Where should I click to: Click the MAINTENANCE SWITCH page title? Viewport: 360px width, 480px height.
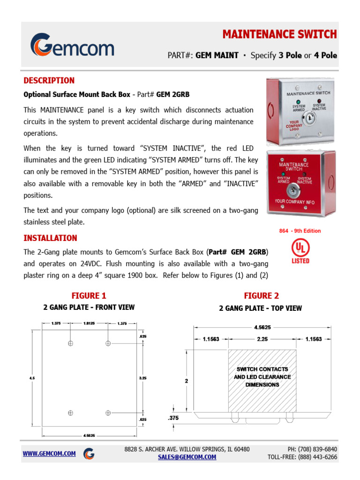pyautogui.click(x=279, y=34)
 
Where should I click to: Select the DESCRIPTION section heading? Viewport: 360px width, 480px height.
pyautogui.click(x=49, y=80)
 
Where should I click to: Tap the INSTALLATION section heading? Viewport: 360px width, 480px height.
pyautogui.click(x=50, y=238)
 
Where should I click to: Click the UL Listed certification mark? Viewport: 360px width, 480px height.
pyautogui.click(x=300, y=250)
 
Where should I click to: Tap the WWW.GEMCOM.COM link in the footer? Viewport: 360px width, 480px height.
pyautogui.click(x=49, y=454)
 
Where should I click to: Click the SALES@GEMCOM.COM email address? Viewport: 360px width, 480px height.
pyautogui.click(x=187, y=457)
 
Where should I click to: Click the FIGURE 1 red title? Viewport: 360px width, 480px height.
pyautogui.click(x=89, y=295)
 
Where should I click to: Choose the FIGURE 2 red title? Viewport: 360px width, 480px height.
pyautogui.click(x=261, y=295)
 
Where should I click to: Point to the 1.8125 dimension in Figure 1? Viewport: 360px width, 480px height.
pyautogui.click(x=89, y=323)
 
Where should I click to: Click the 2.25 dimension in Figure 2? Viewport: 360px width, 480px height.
pyautogui.click(x=262, y=339)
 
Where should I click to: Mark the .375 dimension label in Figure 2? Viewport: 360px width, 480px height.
pyautogui.click(x=173, y=418)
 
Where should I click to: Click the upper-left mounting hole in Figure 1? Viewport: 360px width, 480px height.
pyautogui.click(x=70, y=343)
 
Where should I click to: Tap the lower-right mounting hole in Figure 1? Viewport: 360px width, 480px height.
pyautogui.click(x=108, y=412)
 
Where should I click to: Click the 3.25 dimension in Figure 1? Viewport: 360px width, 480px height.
pyautogui.click(x=142, y=377)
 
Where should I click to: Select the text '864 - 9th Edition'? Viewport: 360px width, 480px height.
pyautogui.click(x=300, y=231)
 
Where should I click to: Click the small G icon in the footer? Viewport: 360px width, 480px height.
pyautogui.click(x=89, y=454)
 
